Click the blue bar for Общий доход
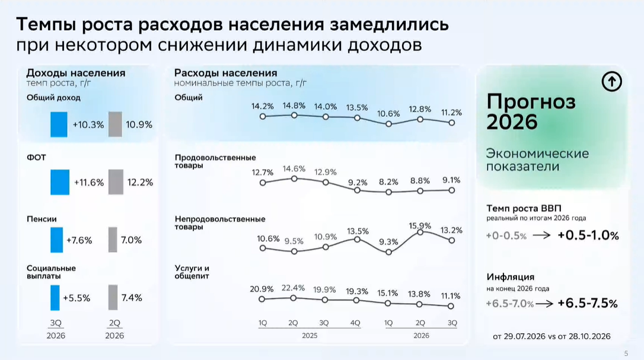[x=59, y=125]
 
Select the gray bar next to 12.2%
[x=116, y=182]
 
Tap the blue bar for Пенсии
[x=57, y=240]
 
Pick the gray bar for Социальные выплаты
[x=113, y=298]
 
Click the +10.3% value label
[x=88, y=125]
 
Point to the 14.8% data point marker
[x=294, y=116]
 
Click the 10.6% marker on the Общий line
[x=388, y=124]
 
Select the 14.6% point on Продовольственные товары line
[x=294, y=179]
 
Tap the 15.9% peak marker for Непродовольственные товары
[x=420, y=232]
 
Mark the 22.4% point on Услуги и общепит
[x=294, y=298]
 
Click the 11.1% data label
[x=451, y=296]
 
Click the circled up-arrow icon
[x=611, y=81]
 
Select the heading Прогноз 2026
[x=531, y=111]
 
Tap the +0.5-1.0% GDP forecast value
[x=588, y=235]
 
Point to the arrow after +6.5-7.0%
[x=544, y=304]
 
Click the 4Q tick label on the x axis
[x=355, y=323]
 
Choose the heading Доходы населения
[x=76, y=73]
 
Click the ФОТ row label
[x=37, y=157]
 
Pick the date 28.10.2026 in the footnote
[x=589, y=336]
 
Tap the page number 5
[x=626, y=353]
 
